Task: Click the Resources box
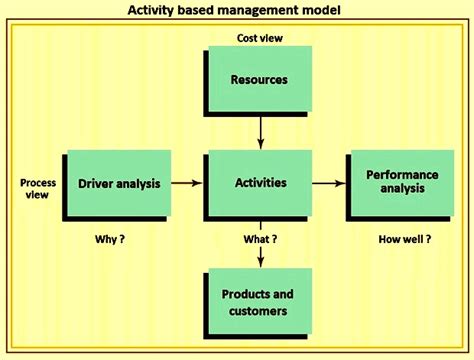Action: [259, 80]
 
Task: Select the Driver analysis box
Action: [119, 184]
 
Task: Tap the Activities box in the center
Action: [259, 184]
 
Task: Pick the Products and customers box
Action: [259, 302]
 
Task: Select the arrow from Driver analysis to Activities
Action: [187, 184]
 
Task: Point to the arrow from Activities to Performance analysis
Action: [327, 184]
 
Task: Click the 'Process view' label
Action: [37, 189]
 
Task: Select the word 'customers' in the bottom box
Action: [259, 311]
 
